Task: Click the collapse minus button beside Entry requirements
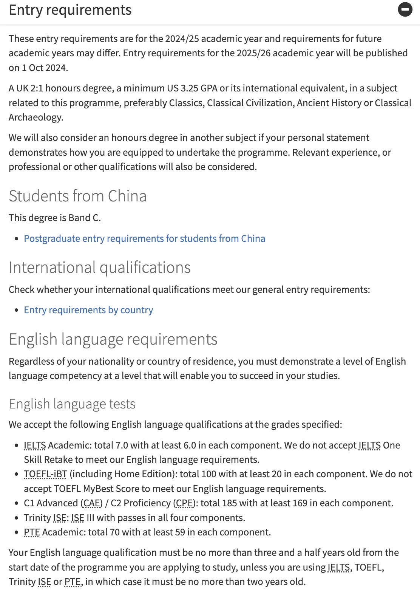click(x=405, y=9)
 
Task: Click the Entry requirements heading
click(x=70, y=10)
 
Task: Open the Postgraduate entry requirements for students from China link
click(x=144, y=238)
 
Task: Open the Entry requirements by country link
click(x=88, y=310)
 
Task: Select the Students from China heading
click(x=77, y=196)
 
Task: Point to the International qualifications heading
click(x=100, y=268)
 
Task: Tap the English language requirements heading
click(x=113, y=339)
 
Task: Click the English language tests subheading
click(x=72, y=404)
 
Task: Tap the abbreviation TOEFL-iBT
click(x=45, y=474)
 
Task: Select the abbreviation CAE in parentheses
click(x=91, y=503)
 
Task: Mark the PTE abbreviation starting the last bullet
click(x=32, y=532)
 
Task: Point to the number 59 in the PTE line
click(x=180, y=532)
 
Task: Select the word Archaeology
click(x=36, y=117)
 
